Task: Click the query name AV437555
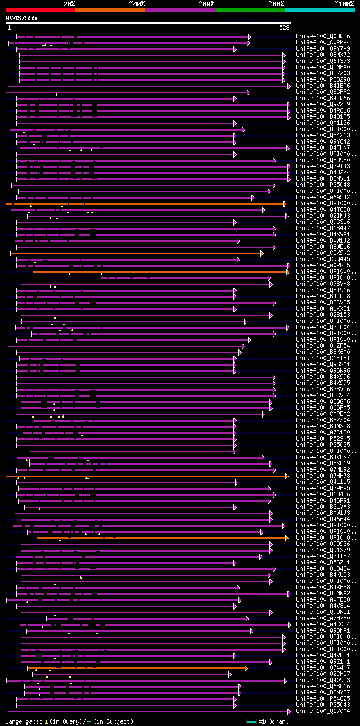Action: [21, 18]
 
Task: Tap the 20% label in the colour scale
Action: [69, 3]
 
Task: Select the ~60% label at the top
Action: [206, 3]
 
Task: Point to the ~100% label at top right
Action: [344, 3]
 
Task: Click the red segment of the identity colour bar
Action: [40, 10]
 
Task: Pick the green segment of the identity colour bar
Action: [249, 10]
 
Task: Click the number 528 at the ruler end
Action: [284, 28]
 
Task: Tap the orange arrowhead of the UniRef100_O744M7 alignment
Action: [246, 668]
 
